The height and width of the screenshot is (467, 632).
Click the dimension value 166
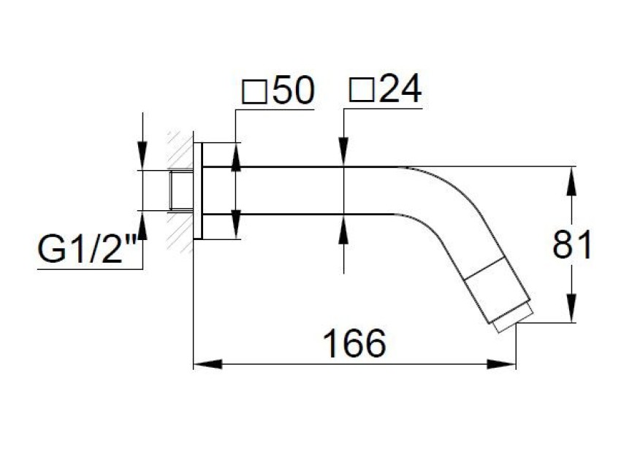(x=354, y=344)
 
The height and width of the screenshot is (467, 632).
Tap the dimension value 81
(x=572, y=244)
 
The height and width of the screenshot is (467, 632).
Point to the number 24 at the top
(x=400, y=88)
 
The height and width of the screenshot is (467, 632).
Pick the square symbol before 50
(x=255, y=92)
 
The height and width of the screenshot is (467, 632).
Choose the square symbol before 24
(x=361, y=89)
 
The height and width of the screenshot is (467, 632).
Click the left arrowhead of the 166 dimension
(x=208, y=364)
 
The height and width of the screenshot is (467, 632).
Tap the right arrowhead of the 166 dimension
(x=501, y=364)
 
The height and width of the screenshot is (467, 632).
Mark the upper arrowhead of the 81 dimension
(x=571, y=181)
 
